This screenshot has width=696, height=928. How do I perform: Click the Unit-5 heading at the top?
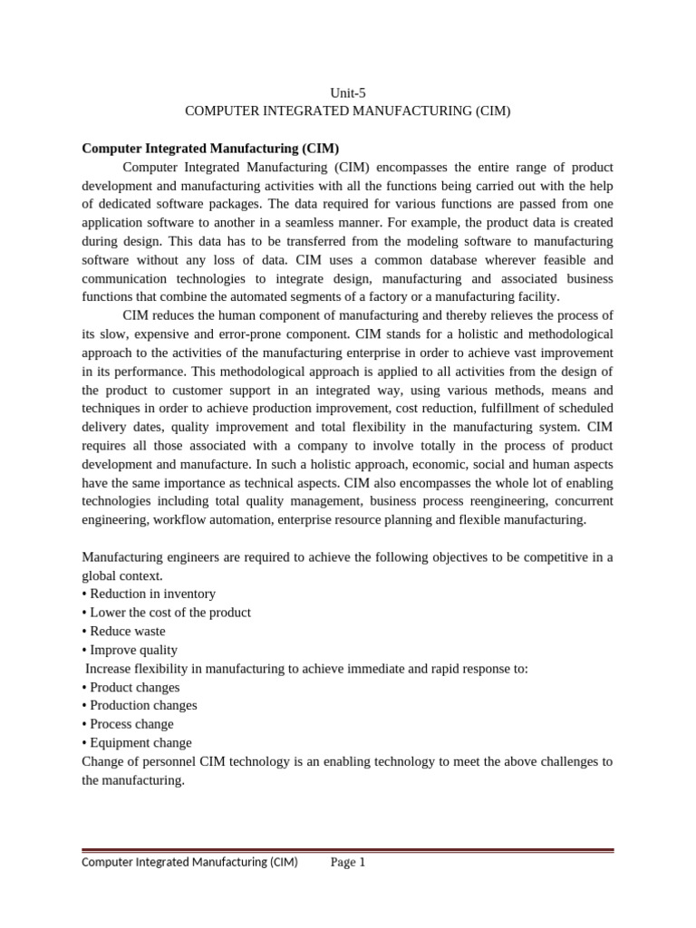(x=348, y=92)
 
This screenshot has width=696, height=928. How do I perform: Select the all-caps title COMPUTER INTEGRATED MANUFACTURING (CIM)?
(x=348, y=111)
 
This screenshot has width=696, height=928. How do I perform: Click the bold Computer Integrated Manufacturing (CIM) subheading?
(x=210, y=149)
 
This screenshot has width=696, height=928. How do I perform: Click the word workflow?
(x=188, y=519)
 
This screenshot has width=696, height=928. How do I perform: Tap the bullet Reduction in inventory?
(x=149, y=594)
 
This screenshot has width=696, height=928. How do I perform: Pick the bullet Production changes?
(x=139, y=705)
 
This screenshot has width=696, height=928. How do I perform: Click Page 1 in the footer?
(x=348, y=863)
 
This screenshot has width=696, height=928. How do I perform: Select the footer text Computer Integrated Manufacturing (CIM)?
(x=189, y=863)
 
